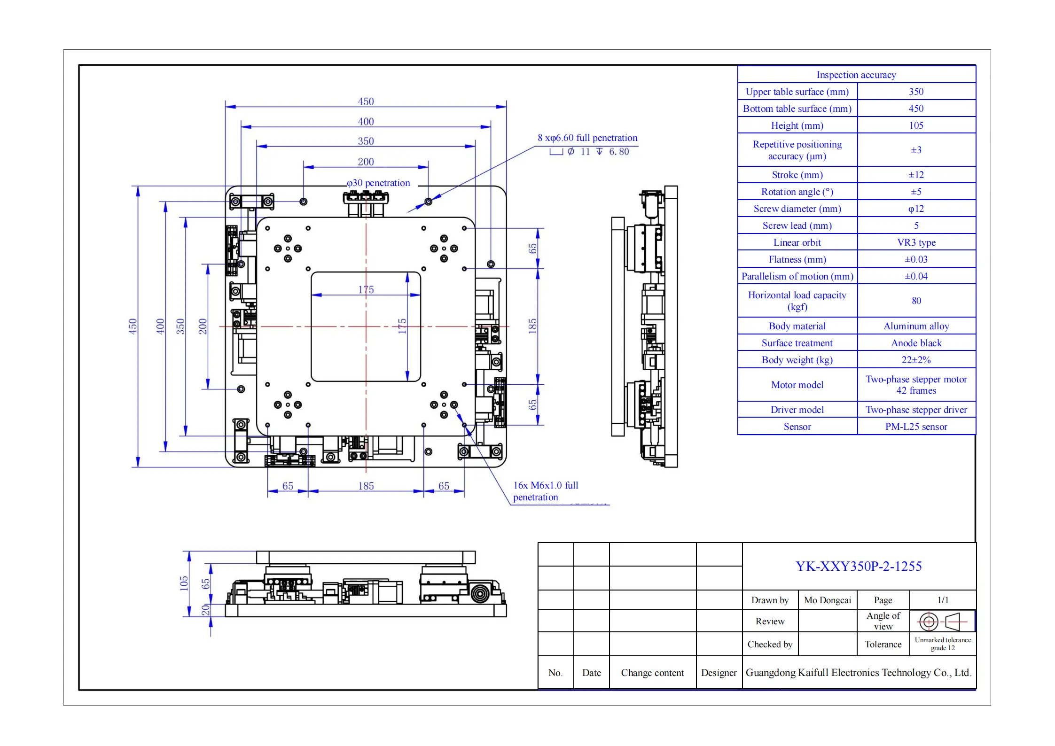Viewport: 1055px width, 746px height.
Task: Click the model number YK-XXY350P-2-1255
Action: coord(859,566)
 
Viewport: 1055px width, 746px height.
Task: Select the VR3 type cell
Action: coord(916,242)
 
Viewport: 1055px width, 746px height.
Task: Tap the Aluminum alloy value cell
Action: coord(916,326)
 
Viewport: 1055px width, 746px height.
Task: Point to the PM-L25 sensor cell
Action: coord(916,427)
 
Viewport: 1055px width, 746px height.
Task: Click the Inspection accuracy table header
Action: coord(856,75)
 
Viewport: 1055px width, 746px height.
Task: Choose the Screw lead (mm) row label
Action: coord(797,225)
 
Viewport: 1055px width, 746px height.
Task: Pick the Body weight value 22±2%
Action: coord(916,360)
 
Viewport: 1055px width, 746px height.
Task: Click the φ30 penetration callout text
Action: coord(378,183)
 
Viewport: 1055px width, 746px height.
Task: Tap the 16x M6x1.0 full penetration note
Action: coord(546,491)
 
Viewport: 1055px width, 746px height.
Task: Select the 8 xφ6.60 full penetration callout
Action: coord(587,138)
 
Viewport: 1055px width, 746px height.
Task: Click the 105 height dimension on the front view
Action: coord(183,583)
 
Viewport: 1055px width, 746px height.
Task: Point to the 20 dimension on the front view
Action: coord(205,610)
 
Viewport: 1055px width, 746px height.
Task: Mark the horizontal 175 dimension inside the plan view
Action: coord(366,289)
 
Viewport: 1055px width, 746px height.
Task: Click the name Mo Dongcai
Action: coord(828,600)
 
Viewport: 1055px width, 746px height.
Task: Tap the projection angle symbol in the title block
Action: coord(942,622)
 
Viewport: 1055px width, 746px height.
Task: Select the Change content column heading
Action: coord(652,673)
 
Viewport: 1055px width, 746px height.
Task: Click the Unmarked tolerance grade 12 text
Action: coord(943,644)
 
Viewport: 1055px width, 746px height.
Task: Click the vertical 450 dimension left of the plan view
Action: coord(133,326)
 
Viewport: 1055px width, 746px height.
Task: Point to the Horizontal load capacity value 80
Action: coord(916,301)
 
